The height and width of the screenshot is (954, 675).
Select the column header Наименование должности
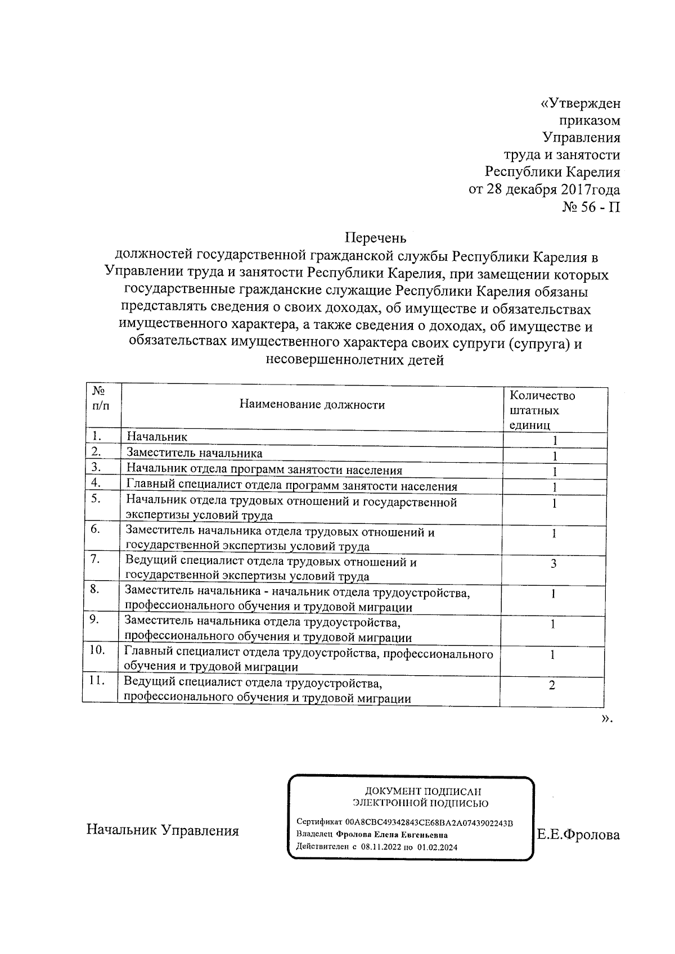(312, 405)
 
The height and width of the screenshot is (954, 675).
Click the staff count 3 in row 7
(553, 563)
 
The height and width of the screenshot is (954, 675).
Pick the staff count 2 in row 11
(552, 685)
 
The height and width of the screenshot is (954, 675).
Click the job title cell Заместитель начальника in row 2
(194, 453)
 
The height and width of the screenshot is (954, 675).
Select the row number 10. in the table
(98, 650)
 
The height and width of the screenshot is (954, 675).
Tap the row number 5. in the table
(96, 498)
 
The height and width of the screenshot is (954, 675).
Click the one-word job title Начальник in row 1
(157, 437)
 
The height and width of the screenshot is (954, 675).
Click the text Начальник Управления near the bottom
(163, 831)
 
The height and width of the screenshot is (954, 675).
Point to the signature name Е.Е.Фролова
(578, 835)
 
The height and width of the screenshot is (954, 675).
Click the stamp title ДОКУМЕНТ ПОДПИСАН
(423, 791)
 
